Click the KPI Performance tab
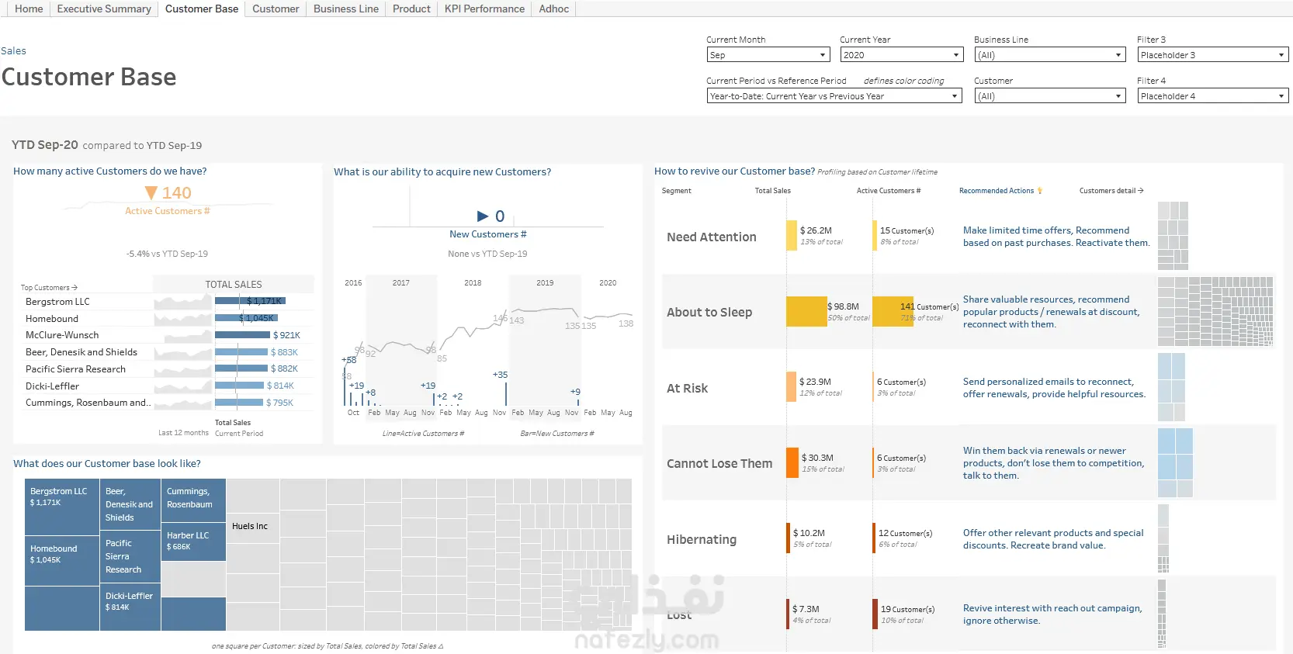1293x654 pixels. (x=484, y=9)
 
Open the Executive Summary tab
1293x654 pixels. (x=104, y=9)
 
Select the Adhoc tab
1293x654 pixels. (x=553, y=9)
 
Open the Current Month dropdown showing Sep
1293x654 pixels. (x=768, y=55)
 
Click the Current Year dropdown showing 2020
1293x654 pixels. (x=901, y=55)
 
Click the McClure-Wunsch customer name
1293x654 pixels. (x=62, y=335)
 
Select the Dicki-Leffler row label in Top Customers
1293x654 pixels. (x=52, y=386)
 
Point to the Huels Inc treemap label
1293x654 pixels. (x=250, y=527)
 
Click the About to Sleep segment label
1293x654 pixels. (x=709, y=313)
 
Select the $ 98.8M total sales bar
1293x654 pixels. (x=806, y=312)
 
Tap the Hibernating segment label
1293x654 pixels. (x=702, y=540)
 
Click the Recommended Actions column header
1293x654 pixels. (x=997, y=191)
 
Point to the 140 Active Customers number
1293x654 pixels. (x=176, y=193)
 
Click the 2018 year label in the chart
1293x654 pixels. (x=473, y=283)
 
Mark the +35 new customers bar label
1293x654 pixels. (x=501, y=375)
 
